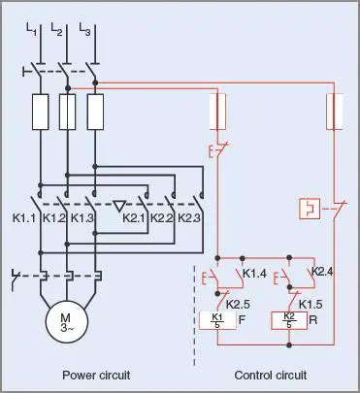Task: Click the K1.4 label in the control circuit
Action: coord(254,273)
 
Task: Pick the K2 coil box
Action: coord(287,321)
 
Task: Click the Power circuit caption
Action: coord(96,375)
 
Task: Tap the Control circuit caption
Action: coord(270,375)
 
